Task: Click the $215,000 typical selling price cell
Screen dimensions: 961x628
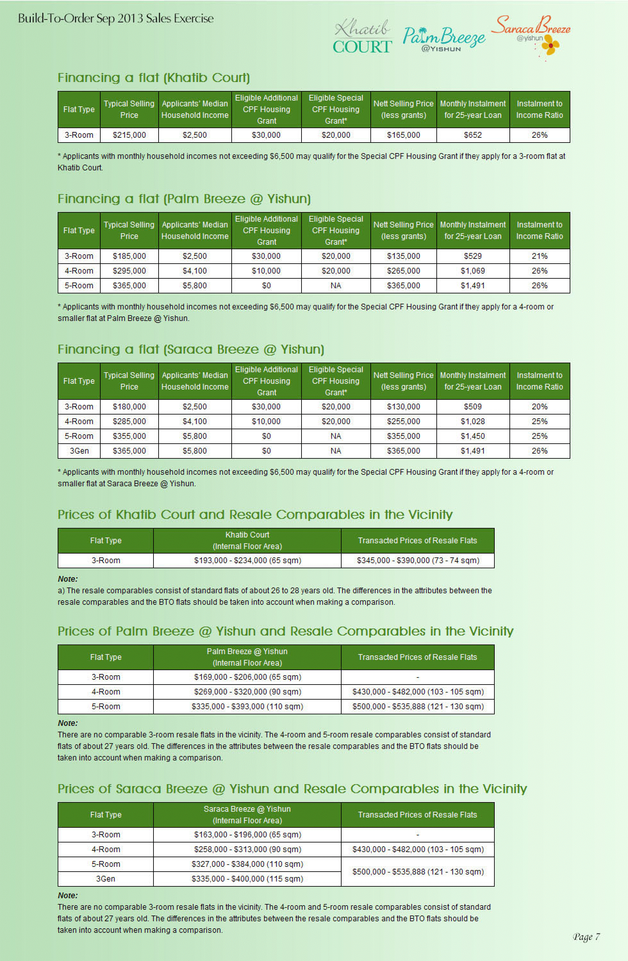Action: click(x=129, y=135)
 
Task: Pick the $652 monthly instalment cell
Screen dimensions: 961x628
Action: click(x=473, y=135)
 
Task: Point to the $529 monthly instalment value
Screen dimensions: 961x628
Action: click(x=473, y=256)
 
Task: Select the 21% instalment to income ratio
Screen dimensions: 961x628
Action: click(x=539, y=256)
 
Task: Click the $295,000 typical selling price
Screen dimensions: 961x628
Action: click(x=129, y=271)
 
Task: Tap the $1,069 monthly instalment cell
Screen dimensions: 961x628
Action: click(x=473, y=271)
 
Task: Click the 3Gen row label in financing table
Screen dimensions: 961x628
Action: click(x=79, y=451)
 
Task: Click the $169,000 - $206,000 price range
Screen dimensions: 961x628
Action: click(x=247, y=677)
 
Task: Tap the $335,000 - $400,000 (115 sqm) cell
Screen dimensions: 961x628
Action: click(x=247, y=879)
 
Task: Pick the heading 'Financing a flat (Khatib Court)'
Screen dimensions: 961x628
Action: click(x=153, y=78)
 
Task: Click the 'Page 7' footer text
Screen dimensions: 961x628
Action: click(x=586, y=937)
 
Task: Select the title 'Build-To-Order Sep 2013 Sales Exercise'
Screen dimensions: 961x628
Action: click(x=116, y=19)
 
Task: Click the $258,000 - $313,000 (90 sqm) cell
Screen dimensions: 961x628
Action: click(x=247, y=850)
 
